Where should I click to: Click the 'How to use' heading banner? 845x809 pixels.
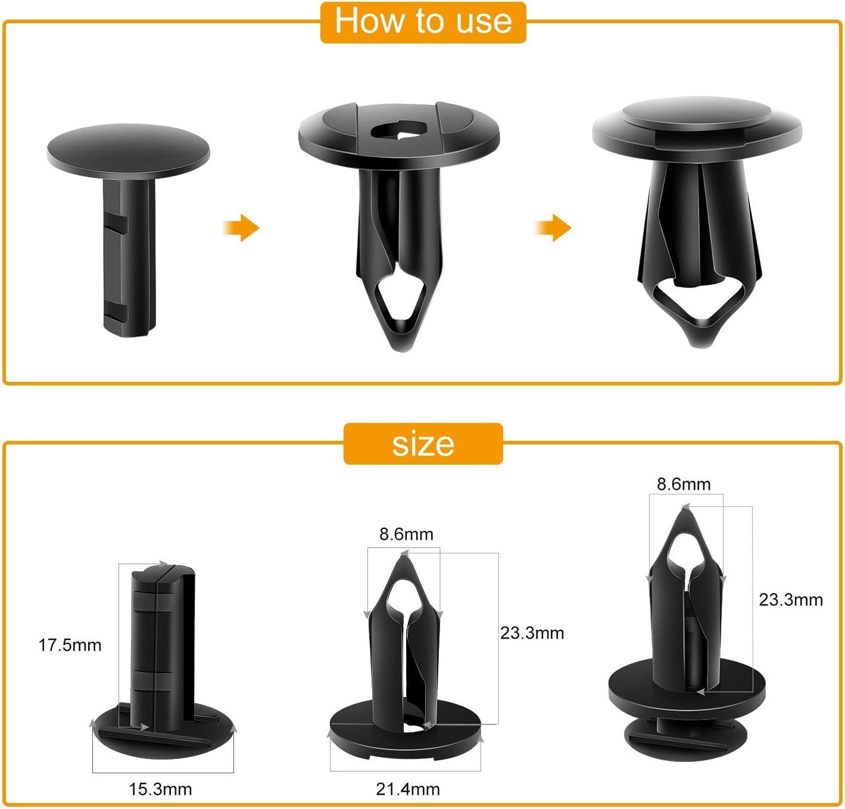(x=423, y=22)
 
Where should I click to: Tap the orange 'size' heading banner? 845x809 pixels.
(x=423, y=444)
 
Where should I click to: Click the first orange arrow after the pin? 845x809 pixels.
(x=241, y=228)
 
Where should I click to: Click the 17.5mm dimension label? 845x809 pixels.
(x=70, y=645)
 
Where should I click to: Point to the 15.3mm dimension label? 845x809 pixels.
(x=160, y=790)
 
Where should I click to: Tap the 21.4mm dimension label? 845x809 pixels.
(x=408, y=790)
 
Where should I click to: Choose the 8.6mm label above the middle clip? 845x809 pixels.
(x=406, y=534)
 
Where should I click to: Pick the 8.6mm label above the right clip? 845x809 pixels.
(x=684, y=484)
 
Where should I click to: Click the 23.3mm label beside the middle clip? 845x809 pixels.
(x=532, y=633)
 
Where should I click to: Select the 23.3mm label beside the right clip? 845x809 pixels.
(x=791, y=600)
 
